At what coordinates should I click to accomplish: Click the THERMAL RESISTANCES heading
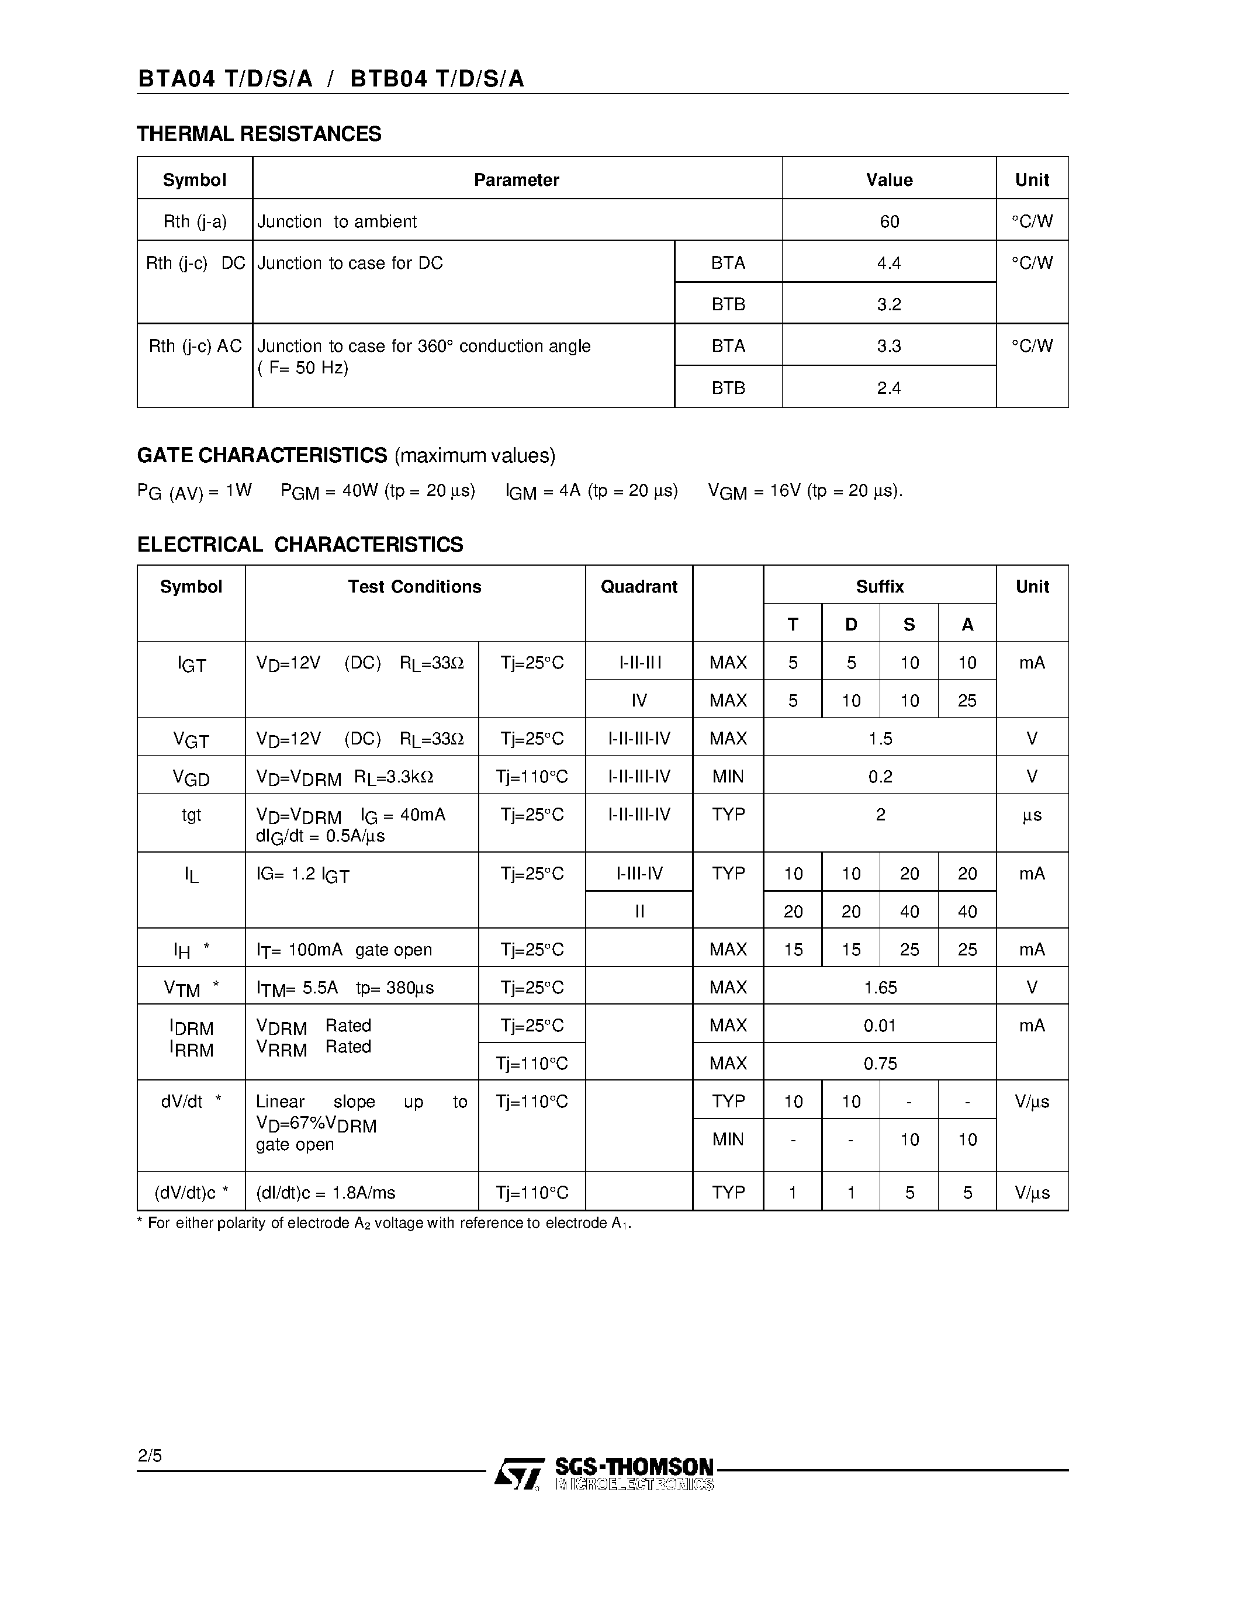[259, 134]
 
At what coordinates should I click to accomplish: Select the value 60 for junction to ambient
[889, 221]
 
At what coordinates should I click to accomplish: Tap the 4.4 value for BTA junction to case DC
[889, 263]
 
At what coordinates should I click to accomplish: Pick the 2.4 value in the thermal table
[889, 388]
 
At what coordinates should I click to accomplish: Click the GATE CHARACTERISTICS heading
[262, 455]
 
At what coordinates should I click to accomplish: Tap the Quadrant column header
[639, 587]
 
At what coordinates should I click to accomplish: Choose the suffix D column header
[850, 625]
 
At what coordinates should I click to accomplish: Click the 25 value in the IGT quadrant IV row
[967, 701]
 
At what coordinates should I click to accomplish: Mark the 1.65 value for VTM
[880, 988]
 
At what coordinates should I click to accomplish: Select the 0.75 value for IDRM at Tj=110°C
[880, 1063]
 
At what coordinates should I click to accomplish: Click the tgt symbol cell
[191, 815]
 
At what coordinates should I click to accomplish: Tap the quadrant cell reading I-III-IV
[639, 874]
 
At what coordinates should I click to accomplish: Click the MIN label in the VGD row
[728, 776]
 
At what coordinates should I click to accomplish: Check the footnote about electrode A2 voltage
[384, 1223]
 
